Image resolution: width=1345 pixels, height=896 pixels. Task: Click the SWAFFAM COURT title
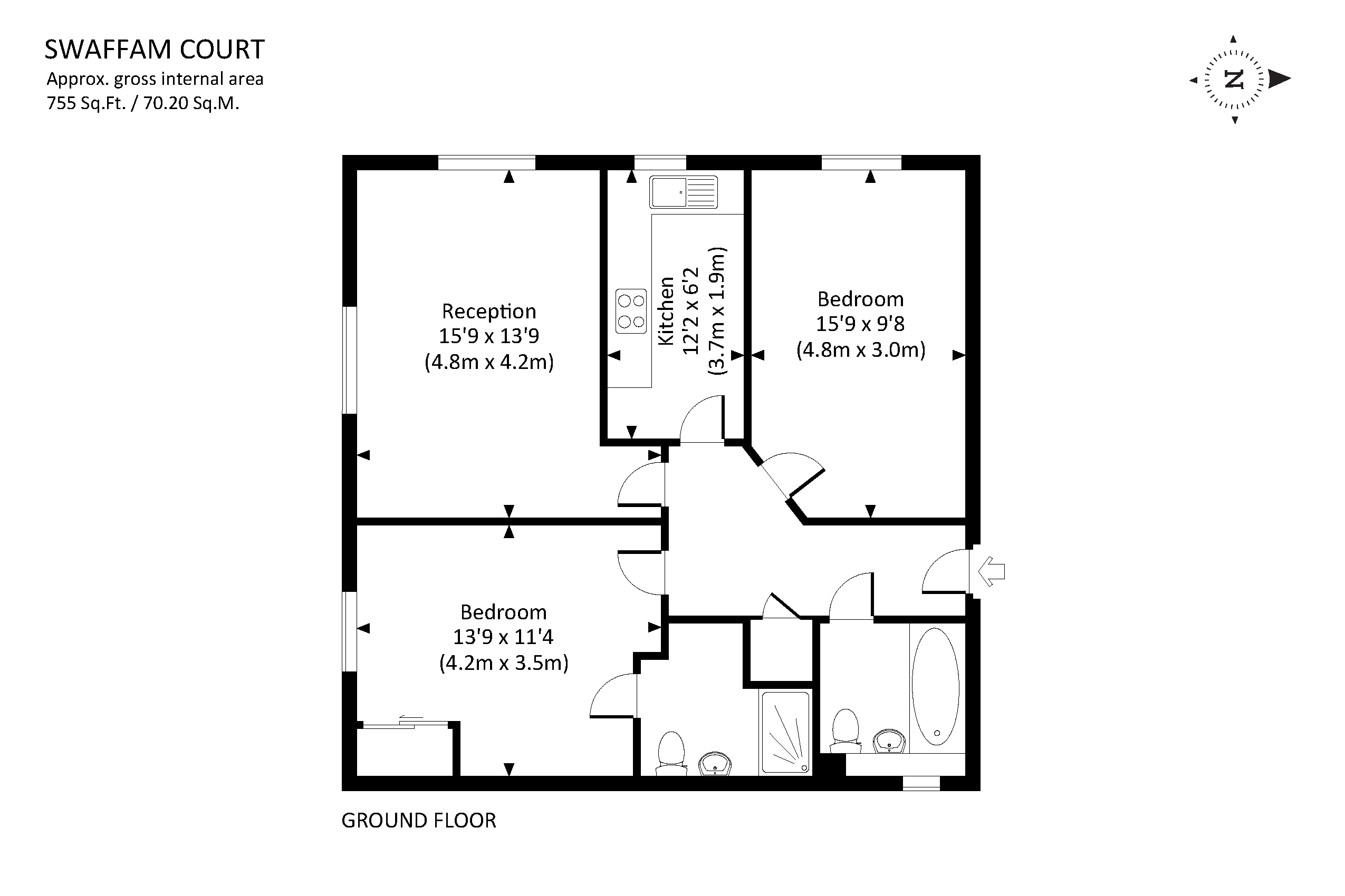click(x=155, y=50)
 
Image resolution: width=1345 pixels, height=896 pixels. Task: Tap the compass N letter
click(x=1234, y=80)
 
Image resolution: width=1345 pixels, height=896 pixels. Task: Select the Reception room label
click(x=489, y=311)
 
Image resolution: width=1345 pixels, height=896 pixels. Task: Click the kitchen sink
click(x=683, y=192)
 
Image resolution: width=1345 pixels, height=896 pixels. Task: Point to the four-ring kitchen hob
click(x=631, y=311)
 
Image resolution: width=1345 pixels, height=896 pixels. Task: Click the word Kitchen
click(x=666, y=311)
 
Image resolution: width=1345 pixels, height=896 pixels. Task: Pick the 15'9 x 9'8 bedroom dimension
click(x=860, y=324)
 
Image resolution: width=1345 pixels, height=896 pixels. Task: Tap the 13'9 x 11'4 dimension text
click(x=503, y=637)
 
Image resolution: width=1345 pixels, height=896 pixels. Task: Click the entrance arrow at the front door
click(x=992, y=571)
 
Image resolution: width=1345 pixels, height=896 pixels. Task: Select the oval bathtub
click(x=936, y=686)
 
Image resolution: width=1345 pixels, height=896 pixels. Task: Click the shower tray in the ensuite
click(x=785, y=734)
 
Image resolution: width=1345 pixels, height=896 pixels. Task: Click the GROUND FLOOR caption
click(x=419, y=821)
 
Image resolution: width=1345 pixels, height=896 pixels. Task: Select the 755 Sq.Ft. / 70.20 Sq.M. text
click(x=143, y=103)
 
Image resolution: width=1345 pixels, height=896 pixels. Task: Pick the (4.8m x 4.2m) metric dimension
click(x=489, y=362)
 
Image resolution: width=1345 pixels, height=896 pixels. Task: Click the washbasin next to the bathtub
click(x=890, y=741)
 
